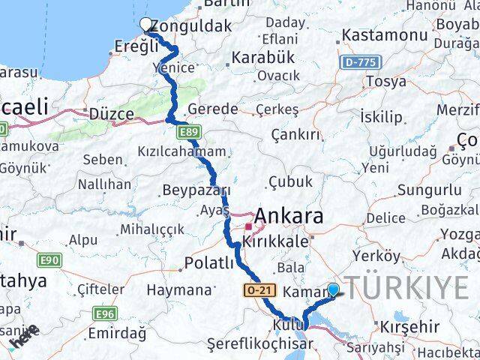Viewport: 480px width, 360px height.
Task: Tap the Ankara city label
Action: (289, 217)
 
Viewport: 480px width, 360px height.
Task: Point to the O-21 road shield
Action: (256, 289)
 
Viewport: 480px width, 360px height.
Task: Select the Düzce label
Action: (110, 114)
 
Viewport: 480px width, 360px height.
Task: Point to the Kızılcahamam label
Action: (181, 151)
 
